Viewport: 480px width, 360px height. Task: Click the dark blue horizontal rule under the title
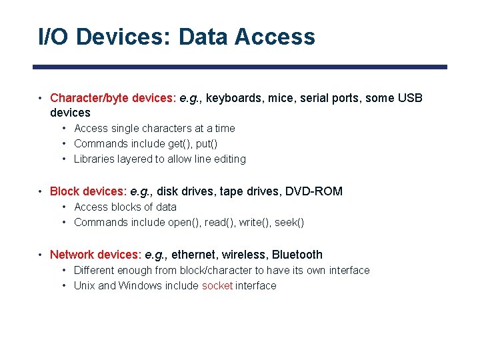tap(240, 67)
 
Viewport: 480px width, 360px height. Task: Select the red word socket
tap(217, 286)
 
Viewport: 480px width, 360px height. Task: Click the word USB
tap(410, 99)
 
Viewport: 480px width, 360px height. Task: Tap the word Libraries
tap(95, 159)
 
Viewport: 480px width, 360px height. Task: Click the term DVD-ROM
tap(314, 192)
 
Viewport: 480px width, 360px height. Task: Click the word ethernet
tap(194, 255)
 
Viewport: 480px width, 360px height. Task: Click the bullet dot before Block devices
tap(41, 192)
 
